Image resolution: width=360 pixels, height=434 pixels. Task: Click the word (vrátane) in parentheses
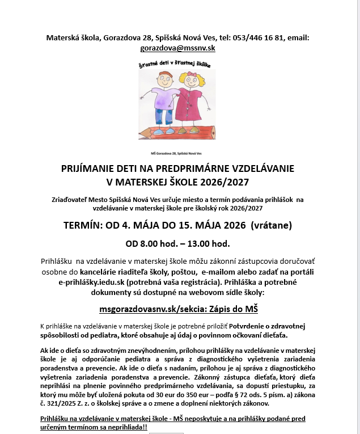(x=271, y=225)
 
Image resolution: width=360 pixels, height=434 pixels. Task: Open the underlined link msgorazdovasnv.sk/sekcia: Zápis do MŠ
(x=180, y=309)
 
